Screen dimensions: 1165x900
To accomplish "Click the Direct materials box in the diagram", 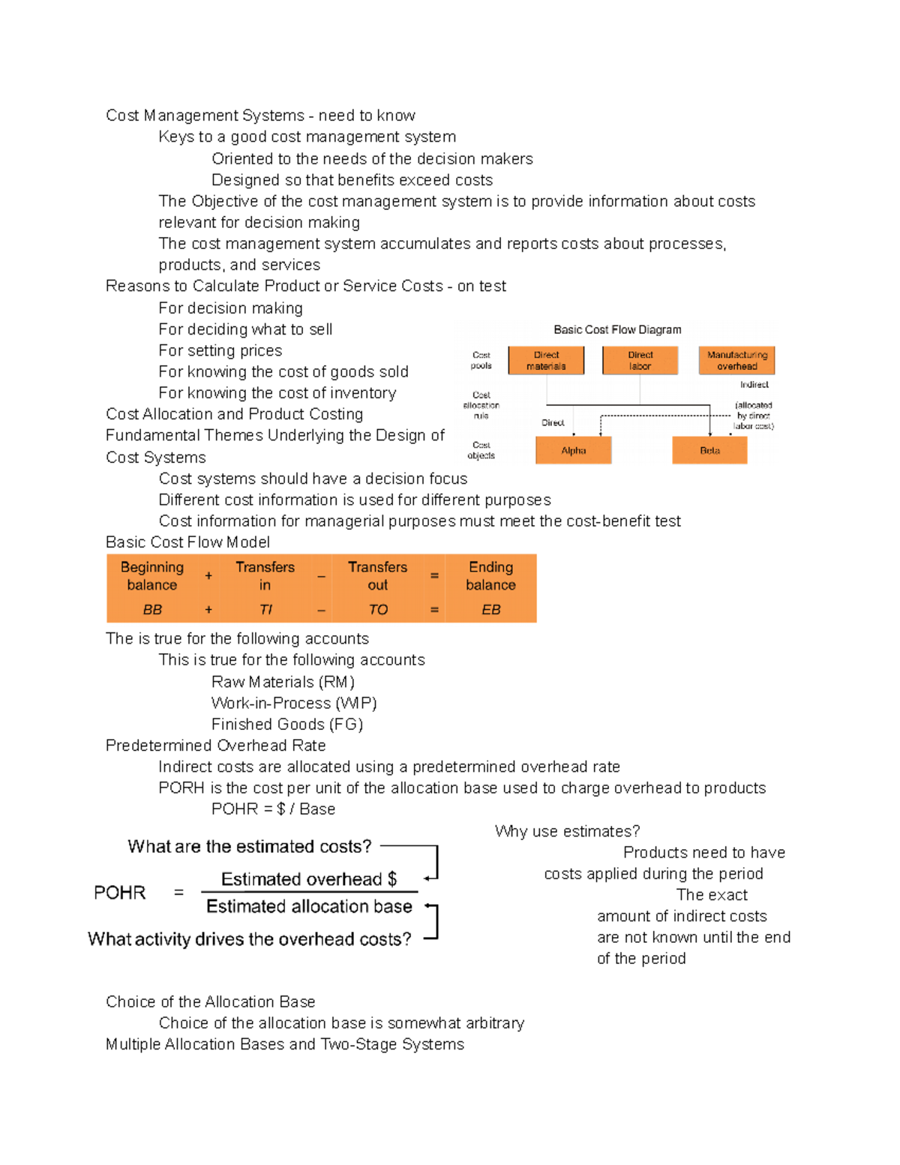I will [546, 361].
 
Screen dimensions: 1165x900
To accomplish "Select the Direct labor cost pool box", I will [640, 361].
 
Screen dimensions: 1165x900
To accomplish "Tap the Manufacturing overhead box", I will [736, 361].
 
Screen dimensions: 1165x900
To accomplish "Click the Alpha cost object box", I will [574, 451].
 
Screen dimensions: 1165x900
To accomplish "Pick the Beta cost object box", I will [709, 451].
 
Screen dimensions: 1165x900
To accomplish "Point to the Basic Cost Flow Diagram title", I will [617, 330].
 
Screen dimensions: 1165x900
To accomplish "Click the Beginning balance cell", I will [152, 576].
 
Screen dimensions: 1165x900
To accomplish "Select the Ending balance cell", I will [490, 576].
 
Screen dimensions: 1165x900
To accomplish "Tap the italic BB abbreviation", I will [152, 610].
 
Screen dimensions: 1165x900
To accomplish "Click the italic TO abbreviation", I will [378, 610].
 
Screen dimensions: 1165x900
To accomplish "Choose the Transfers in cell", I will [265, 576].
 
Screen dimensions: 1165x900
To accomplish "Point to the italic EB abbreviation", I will [490, 610].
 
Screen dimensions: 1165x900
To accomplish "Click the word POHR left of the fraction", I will [120, 893].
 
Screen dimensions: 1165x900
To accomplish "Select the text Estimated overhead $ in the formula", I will [308, 879].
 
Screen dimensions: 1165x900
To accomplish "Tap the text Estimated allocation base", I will [309, 907].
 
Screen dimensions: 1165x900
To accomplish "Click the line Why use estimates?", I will [567, 832].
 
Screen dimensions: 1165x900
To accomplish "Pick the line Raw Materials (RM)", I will [283, 682].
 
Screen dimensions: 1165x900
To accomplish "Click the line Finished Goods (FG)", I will [287, 725].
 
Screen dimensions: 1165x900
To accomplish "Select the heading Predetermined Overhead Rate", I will [216, 746].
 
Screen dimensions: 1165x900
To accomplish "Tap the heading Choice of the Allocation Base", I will [211, 1002].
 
